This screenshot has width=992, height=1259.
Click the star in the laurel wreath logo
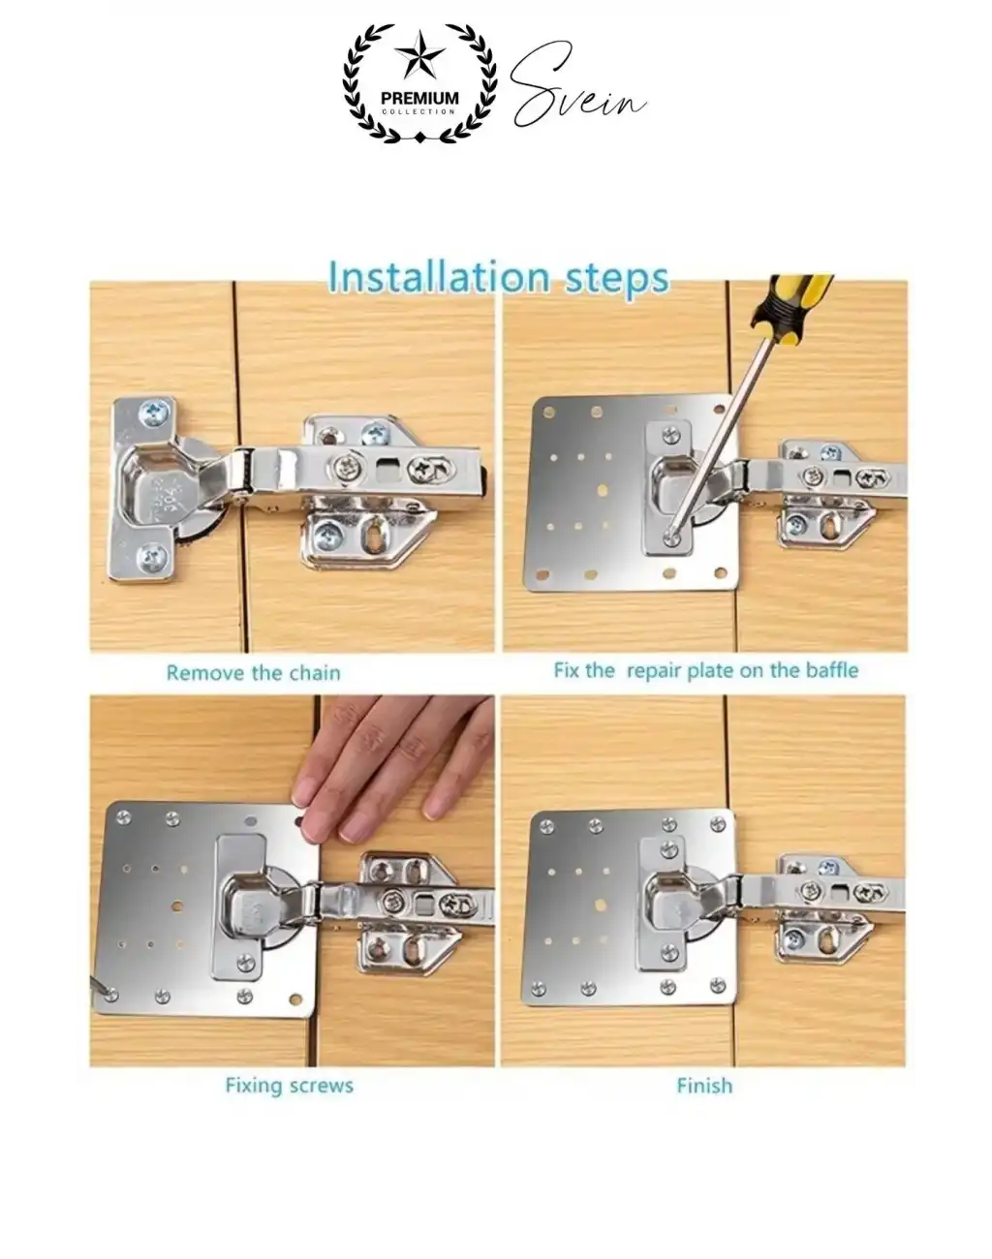click(x=419, y=56)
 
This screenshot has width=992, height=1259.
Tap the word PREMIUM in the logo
click(x=419, y=98)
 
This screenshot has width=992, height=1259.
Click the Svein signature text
click(x=578, y=85)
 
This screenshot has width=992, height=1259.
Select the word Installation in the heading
click(x=439, y=276)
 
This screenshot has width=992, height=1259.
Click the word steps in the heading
click(x=617, y=279)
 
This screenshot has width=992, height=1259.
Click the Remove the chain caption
click(x=254, y=673)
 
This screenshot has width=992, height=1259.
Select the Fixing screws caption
click(x=289, y=1086)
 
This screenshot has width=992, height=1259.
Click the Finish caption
click(x=704, y=1086)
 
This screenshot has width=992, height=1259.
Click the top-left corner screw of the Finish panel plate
click(x=546, y=826)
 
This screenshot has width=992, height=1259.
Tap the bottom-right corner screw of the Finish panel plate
click(x=719, y=987)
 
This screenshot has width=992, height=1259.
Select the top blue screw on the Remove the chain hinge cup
click(x=155, y=414)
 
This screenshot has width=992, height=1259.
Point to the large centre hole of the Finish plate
click(x=601, y=906)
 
